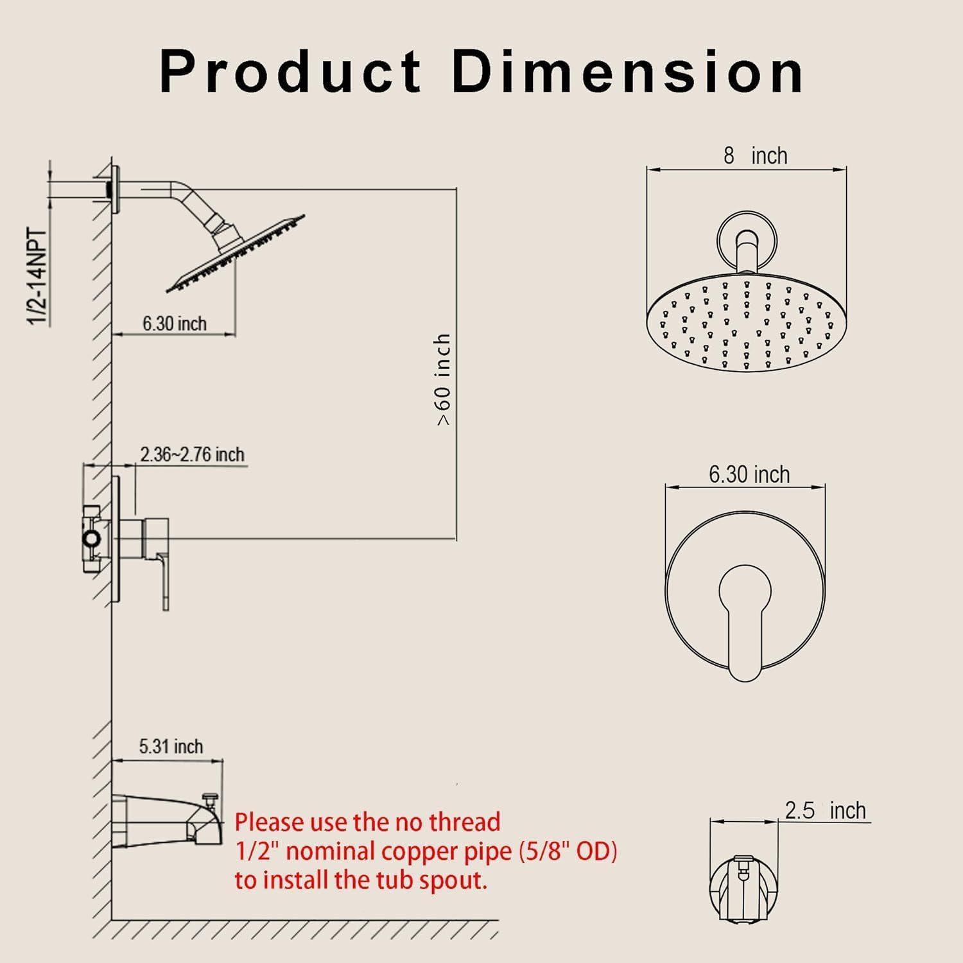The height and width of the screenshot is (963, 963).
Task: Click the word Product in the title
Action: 290,71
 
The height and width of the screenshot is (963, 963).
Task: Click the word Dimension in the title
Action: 628,71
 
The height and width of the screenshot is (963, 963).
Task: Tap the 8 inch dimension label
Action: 755,156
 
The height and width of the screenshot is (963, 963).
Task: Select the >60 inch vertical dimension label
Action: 444,379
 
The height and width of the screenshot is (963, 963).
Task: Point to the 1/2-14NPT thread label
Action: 39,277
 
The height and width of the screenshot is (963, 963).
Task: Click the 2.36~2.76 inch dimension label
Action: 193,455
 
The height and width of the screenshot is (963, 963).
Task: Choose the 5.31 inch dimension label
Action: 171,747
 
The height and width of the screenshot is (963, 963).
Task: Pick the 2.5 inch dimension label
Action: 826,810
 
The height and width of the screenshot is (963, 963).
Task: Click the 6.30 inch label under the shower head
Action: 175,324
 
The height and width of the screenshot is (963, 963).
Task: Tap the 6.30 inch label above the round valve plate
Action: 749,474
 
